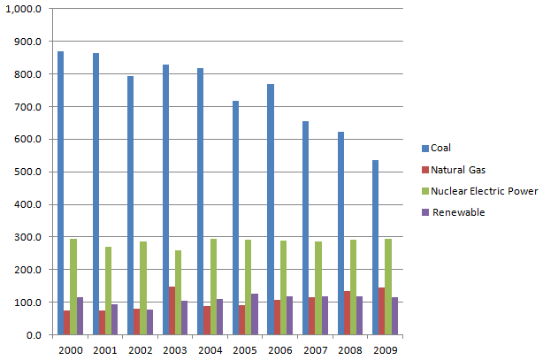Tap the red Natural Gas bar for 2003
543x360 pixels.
click(x=171, y=310)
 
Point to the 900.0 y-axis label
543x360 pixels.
click(x=27, y=42)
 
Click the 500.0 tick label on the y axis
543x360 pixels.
click(x=27, y=172)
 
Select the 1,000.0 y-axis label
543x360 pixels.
click(x=24, y=9)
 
